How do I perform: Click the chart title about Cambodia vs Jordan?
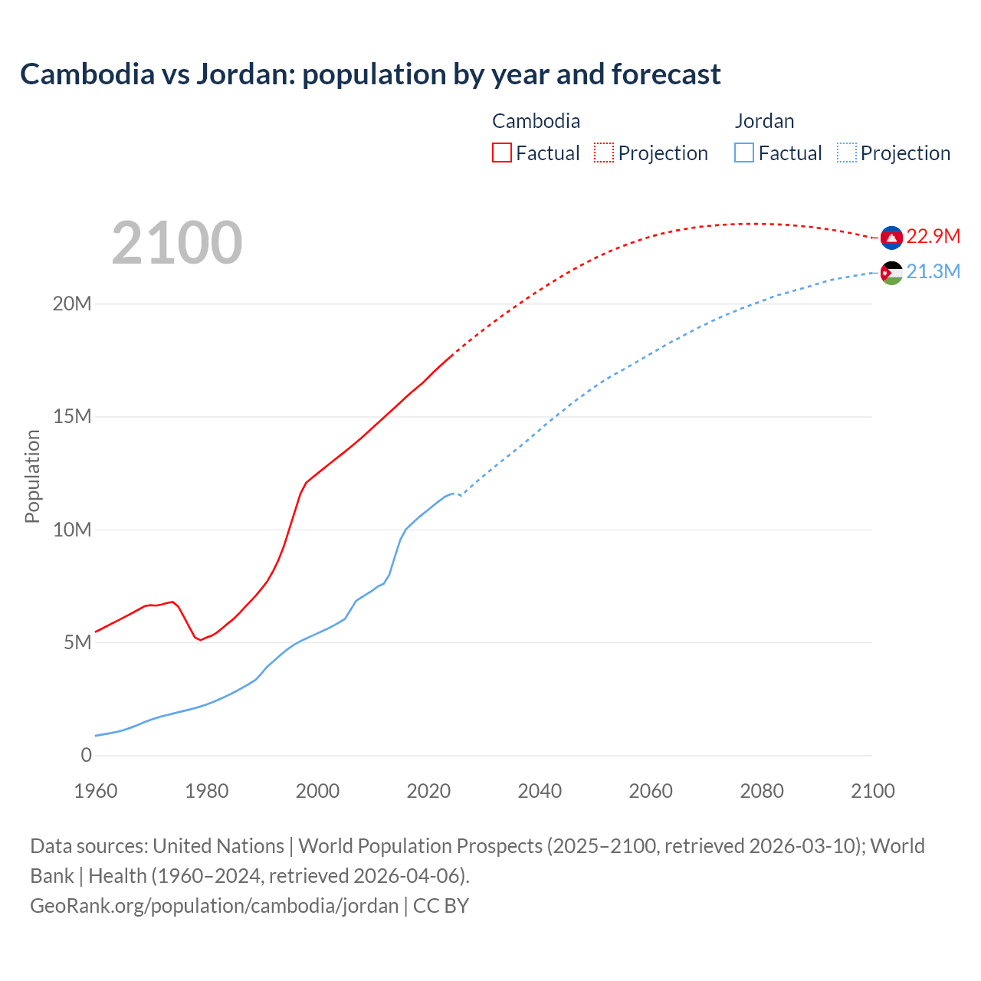370,74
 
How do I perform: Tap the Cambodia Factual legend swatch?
501,153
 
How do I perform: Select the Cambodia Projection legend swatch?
604,153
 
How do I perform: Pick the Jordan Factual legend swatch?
744,153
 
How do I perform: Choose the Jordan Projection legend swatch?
846,153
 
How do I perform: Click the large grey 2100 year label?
177,243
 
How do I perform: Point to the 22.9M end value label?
933,236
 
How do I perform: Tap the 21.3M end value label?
933,272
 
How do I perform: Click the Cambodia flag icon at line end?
891,238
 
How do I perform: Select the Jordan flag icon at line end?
891,274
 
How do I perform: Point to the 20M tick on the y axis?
72,304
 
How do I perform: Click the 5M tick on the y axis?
77,642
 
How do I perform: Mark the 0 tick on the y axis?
86,755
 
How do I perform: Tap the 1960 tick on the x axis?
96,791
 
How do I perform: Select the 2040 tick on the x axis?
540,791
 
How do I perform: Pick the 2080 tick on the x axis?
762,791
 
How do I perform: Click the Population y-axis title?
32,476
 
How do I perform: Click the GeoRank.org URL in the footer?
214,906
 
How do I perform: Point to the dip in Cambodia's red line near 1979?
200,639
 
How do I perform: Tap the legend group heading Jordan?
764,121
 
